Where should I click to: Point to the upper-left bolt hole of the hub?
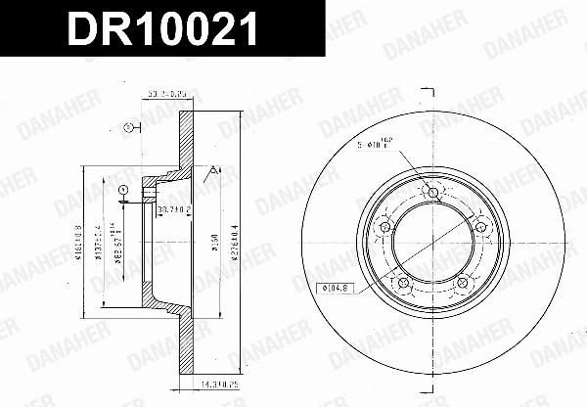coord(384,227)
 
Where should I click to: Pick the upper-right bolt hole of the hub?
coord(481,227)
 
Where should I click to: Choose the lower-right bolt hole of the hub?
coord(463,283)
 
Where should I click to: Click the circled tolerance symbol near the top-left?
coord(125,127)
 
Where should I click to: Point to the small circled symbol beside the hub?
coord(123,190)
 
